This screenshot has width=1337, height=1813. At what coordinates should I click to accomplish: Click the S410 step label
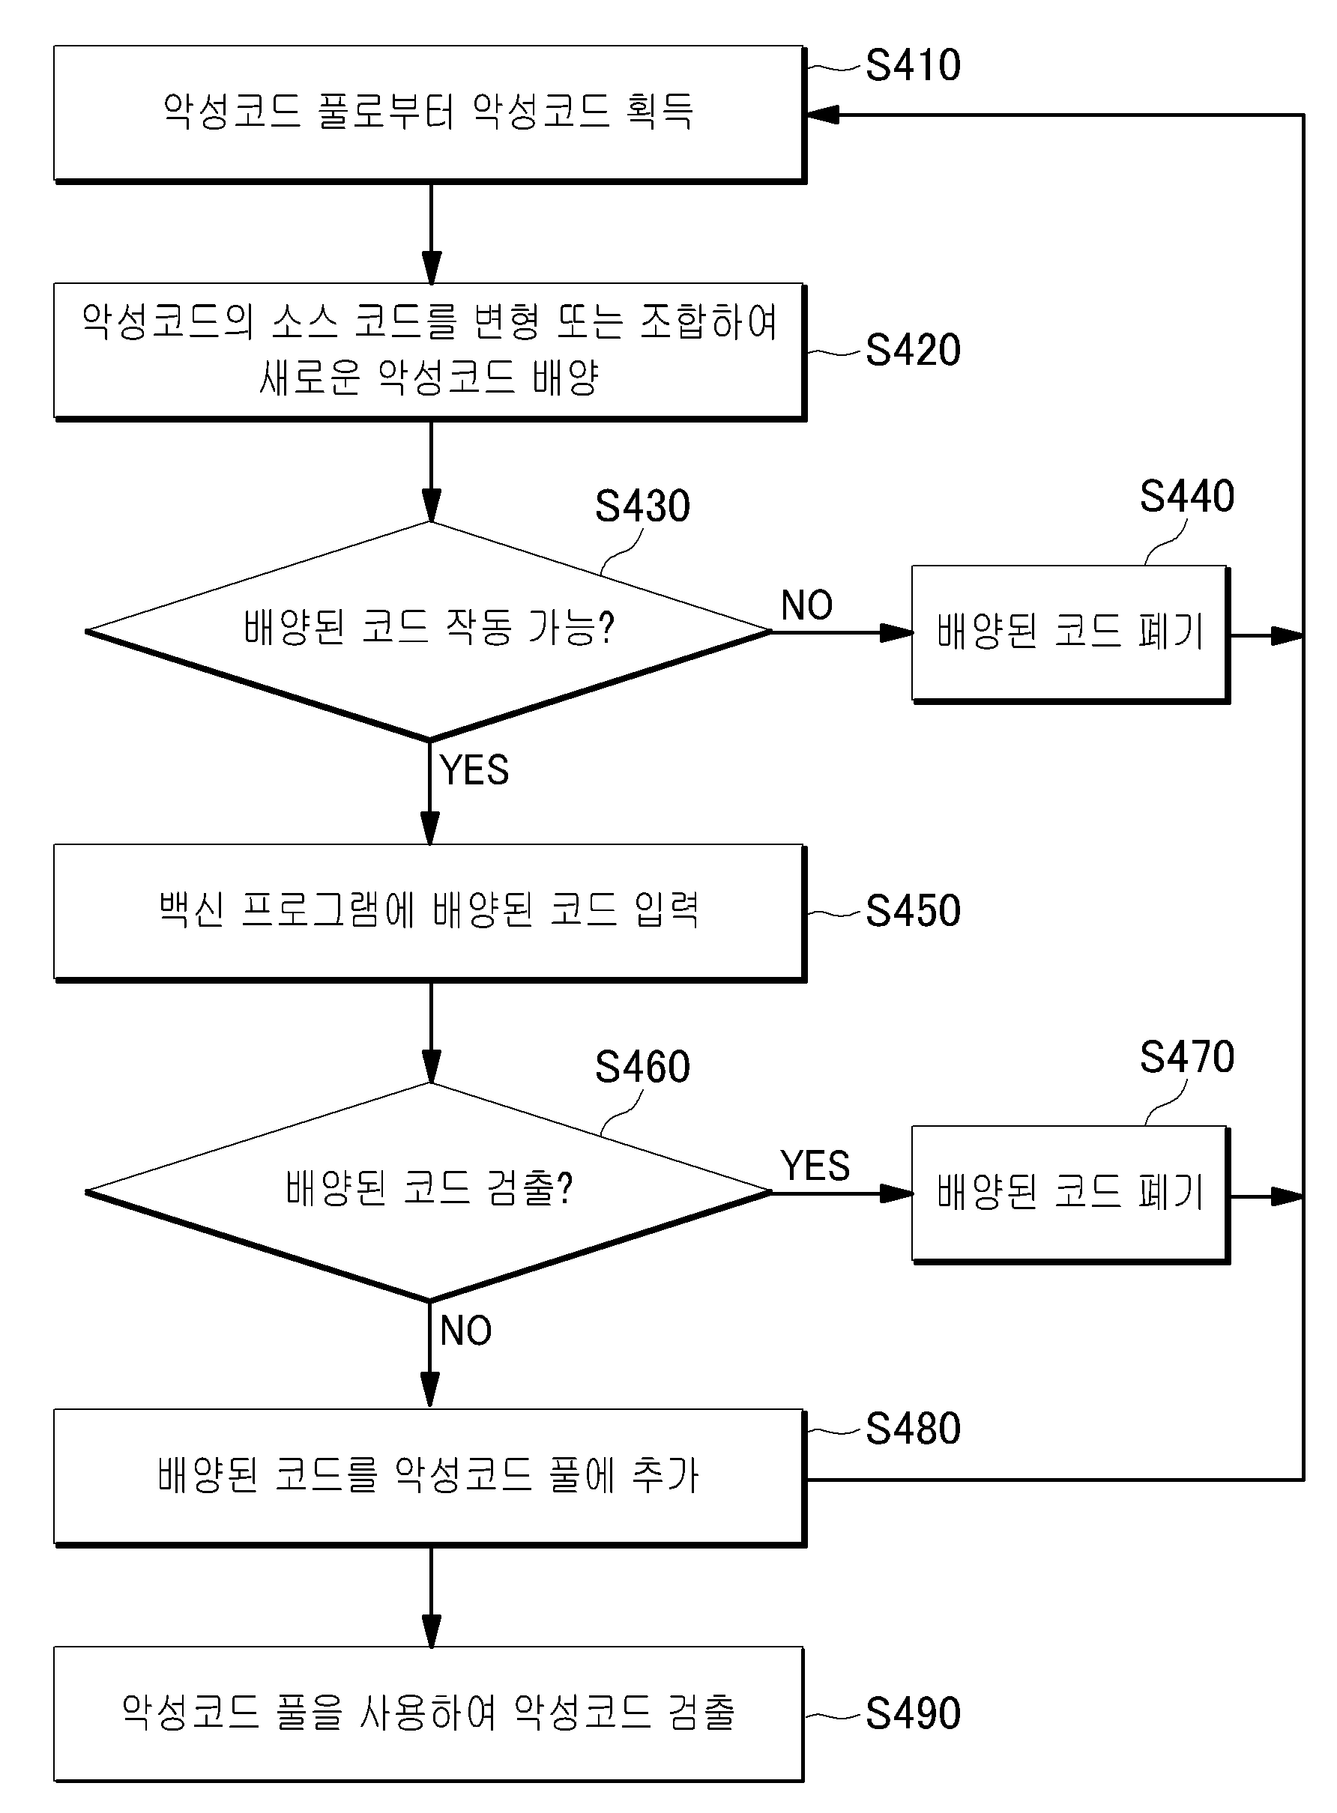click(x=913, y=65)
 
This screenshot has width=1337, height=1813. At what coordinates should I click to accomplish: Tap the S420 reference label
click(x=913, y=351)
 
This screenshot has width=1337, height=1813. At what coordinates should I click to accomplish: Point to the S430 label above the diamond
click(x=642, y=506)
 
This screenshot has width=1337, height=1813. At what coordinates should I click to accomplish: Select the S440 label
click(x=1187, y=496)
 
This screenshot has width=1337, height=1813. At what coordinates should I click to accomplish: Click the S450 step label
click(x=913, y=912)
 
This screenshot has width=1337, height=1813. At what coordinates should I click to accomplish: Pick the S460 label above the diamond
click(x=642, y=1068)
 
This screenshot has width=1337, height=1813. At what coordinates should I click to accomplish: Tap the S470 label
click(x=1187, y=1057)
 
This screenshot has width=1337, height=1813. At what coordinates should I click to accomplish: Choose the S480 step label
click(x=913, y=1429)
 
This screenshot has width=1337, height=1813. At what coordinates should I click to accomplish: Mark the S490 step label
click(x=913, y=1714)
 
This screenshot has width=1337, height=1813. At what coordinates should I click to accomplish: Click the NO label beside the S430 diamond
click(x=807, y=605)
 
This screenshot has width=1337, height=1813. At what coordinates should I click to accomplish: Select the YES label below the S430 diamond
click(x=474, y=770)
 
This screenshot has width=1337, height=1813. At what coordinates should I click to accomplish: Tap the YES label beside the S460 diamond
click(x=815, y=1166)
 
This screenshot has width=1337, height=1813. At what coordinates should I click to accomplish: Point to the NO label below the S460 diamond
click(x=465, y=1331)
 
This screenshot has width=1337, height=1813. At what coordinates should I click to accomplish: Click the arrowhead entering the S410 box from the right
click(x=823, y=115)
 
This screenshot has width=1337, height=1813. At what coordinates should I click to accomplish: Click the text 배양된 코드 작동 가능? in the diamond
click(x=429, y=627)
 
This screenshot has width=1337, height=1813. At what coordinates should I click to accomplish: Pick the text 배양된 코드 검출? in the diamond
click(x=429, y=1188)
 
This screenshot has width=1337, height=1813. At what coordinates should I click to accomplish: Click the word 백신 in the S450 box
click(x=191, y=909)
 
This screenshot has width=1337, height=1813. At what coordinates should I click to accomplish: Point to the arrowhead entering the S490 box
click(x=432, y=1630)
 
